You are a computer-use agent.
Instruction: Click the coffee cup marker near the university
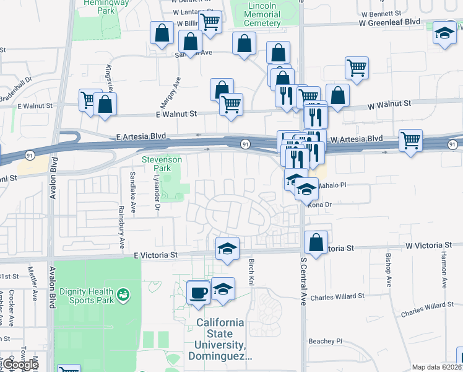(199, 291)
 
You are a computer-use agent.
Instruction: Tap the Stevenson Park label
(162, 164)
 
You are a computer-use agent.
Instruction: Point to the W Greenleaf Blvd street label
(389, 22)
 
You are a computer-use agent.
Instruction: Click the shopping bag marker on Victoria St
(316, 242)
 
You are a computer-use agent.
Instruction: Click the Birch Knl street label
(252, 272)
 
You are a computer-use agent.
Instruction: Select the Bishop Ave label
(389, 270)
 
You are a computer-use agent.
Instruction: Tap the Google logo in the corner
(20, 365)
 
